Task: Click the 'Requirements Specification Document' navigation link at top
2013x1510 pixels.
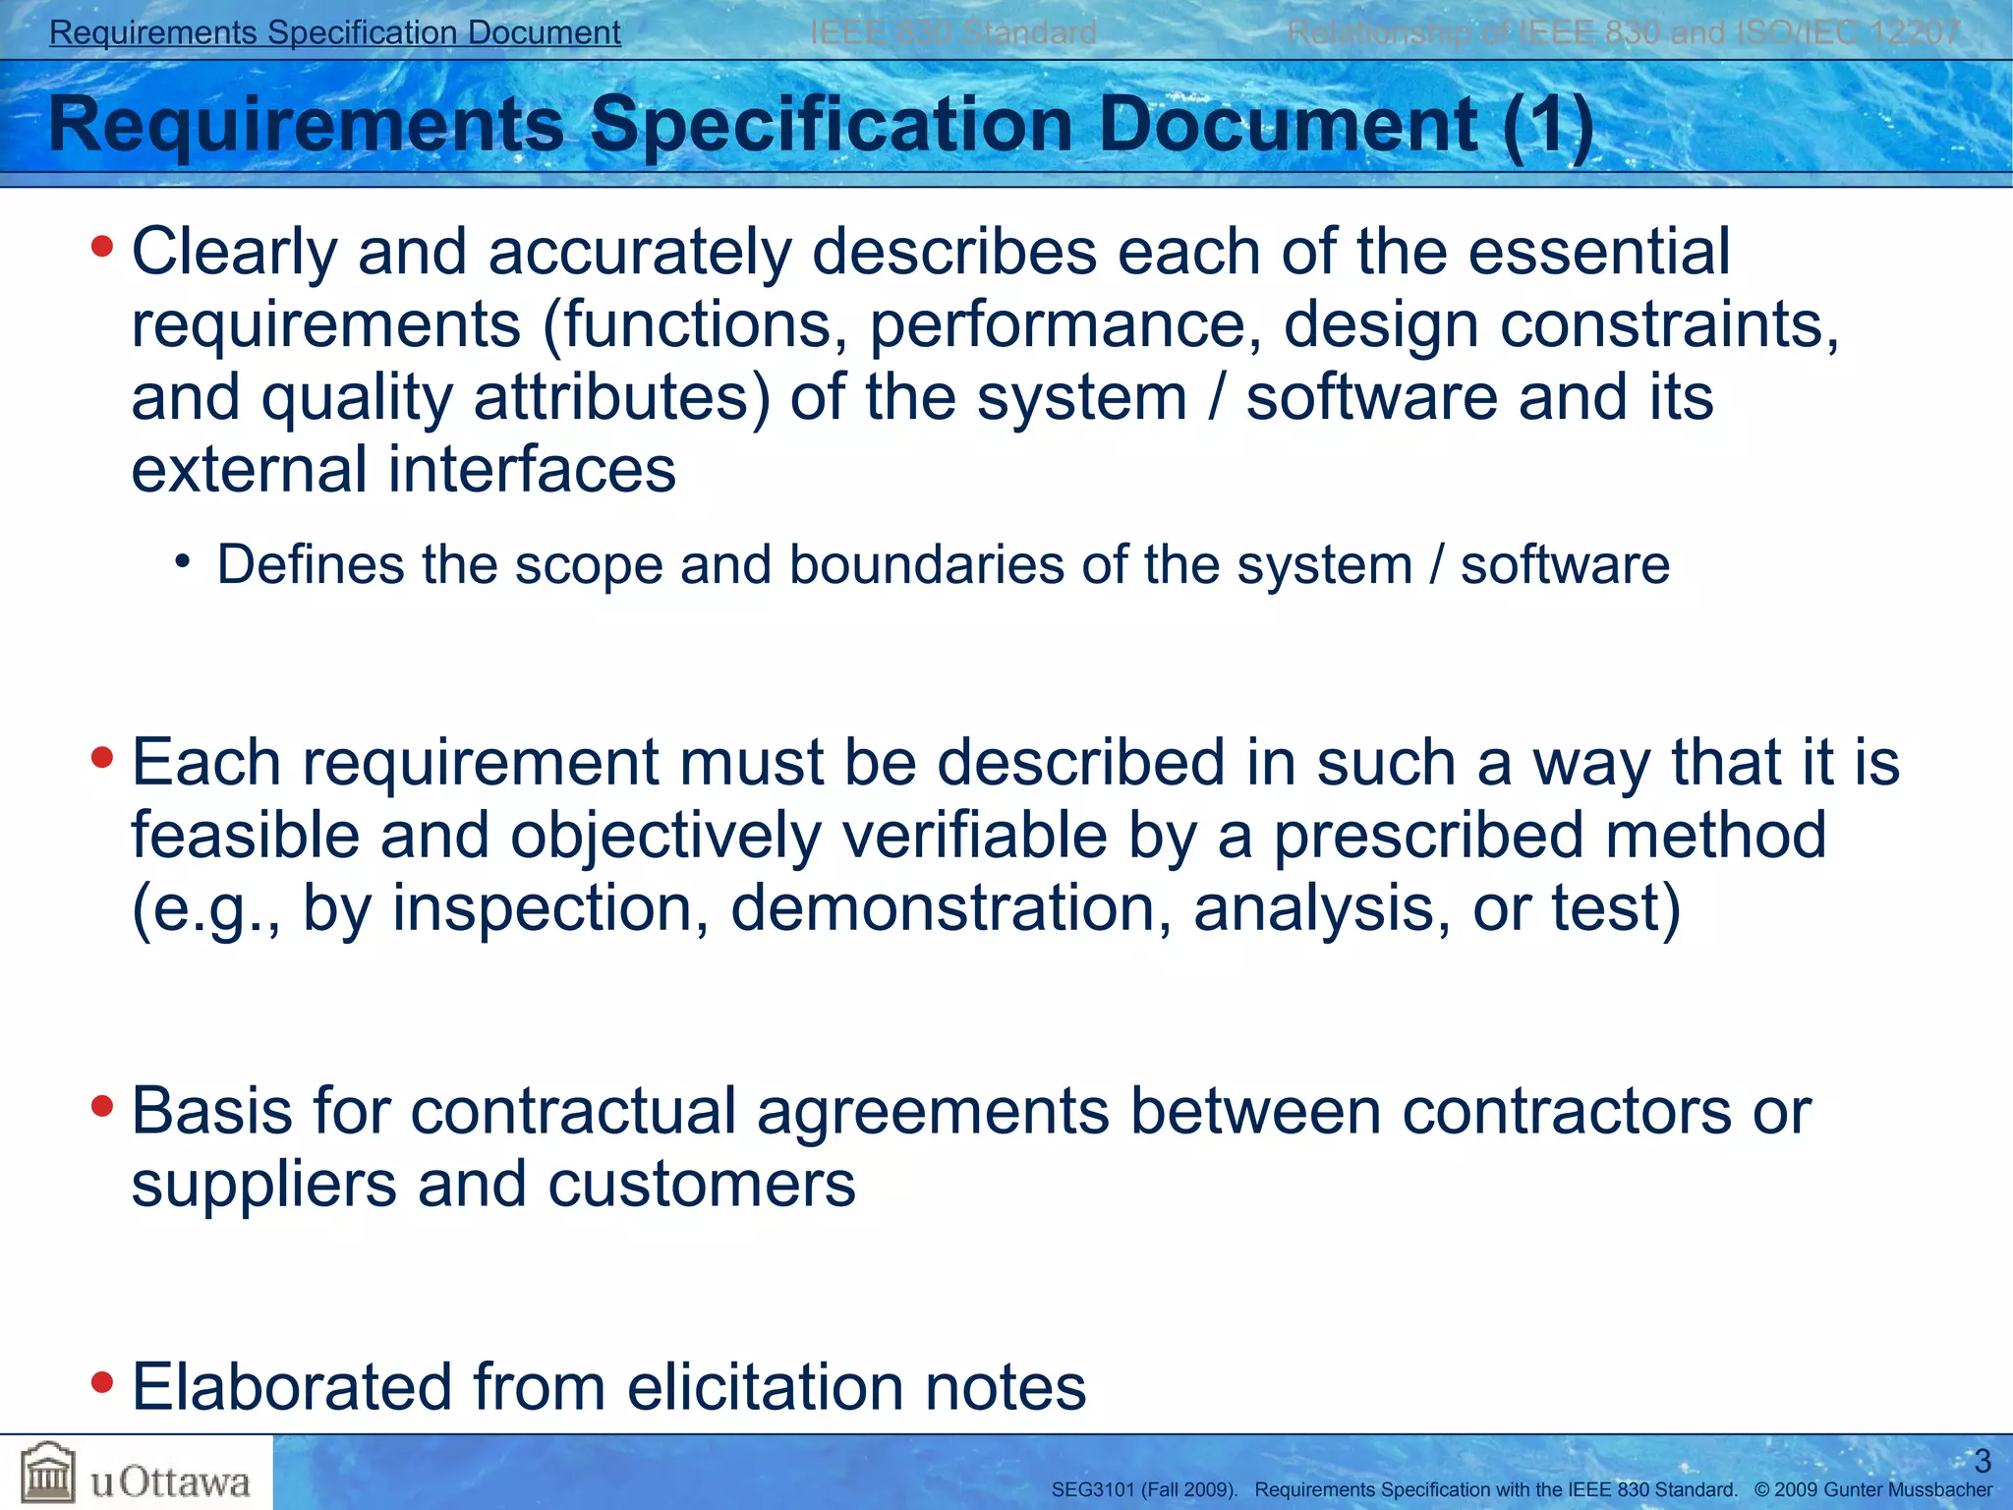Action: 334,32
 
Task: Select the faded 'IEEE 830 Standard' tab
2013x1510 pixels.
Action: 952,32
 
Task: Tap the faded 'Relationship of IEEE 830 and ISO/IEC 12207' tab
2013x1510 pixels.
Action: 1623,32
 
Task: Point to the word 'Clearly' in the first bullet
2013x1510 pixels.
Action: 234,253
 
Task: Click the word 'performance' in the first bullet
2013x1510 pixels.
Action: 1057,325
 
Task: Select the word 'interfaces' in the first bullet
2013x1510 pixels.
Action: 532,470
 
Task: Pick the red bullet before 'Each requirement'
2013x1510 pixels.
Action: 101,758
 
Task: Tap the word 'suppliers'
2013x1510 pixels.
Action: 263,1185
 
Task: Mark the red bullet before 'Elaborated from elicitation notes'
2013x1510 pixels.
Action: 101,1382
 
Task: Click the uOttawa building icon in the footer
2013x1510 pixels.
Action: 48,1472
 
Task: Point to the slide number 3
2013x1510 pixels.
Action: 1982,1461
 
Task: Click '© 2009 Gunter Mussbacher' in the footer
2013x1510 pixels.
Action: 1872,1490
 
